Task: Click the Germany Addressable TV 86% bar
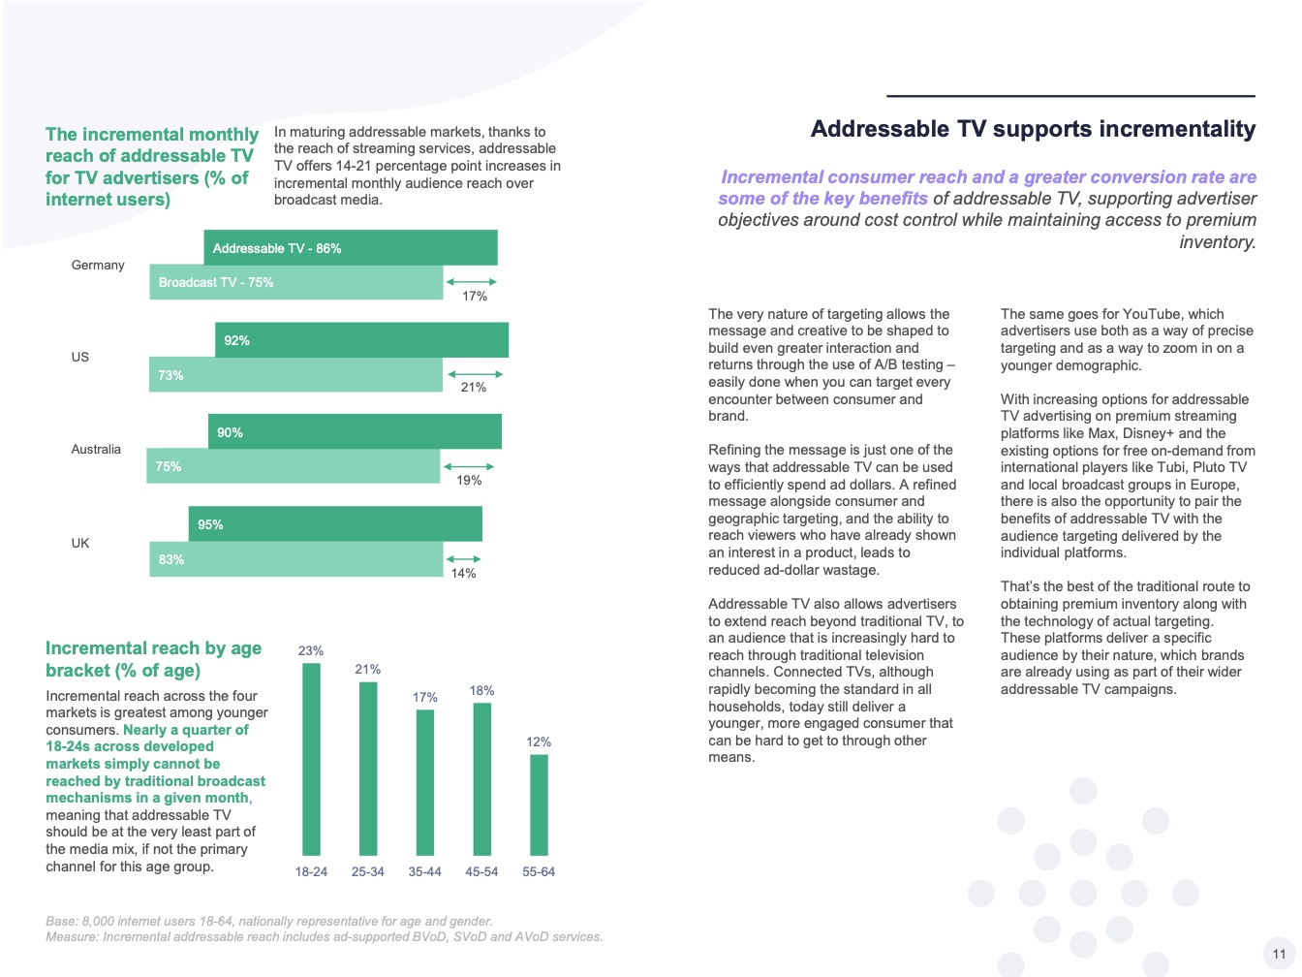[x=350, y=248]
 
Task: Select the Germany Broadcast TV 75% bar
[x=295, y=282]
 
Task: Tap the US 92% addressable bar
[x=361, y=340]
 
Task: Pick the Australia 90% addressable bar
[x=355, y=432]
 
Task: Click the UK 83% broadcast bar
[x=295, y=559]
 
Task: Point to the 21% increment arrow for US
[x=474, y=374]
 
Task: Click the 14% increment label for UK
[x=463, y=574]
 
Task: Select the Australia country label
[x=96, y=450]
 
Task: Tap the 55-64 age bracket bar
[x=539, y=804]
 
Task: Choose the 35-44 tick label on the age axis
[x=424, y=872]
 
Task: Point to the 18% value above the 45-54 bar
[x=481, y=691]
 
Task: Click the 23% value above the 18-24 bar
[x=310, y=651]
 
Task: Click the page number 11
[x=1279, y=954]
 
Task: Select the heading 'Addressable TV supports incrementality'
[x=1033, y=130]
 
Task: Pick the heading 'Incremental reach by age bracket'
[x=153, y=659]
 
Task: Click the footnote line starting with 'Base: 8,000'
[x=268, y=922]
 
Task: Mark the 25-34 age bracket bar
[x=368, y=769]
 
